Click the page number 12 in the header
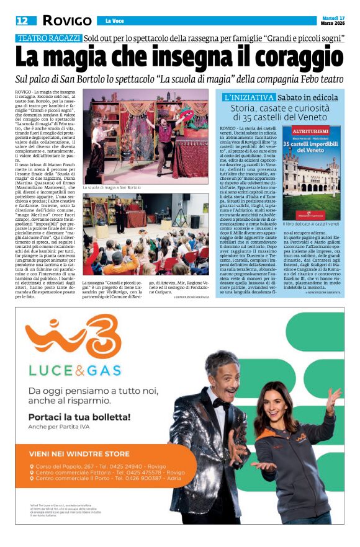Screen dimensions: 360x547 22,20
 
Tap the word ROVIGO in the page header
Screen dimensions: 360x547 67,20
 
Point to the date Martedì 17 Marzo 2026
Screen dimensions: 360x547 333,20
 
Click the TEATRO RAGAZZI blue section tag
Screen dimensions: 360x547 49,38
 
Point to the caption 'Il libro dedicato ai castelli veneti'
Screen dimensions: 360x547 310,224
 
